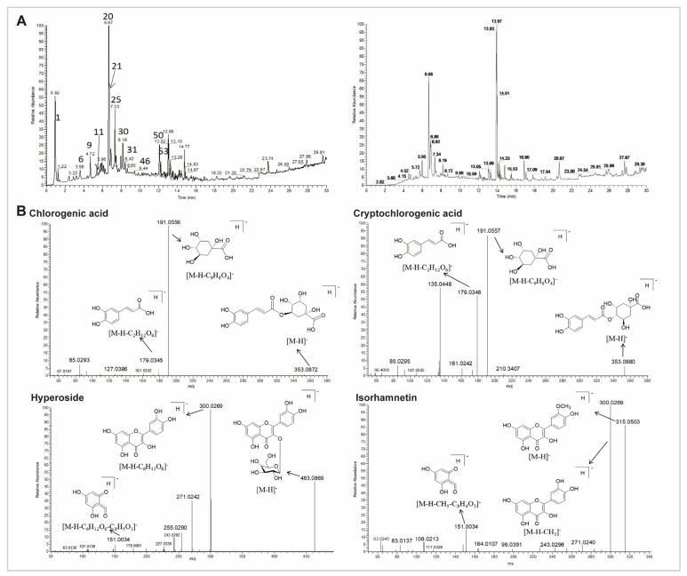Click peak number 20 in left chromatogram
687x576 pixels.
coord(108,17)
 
